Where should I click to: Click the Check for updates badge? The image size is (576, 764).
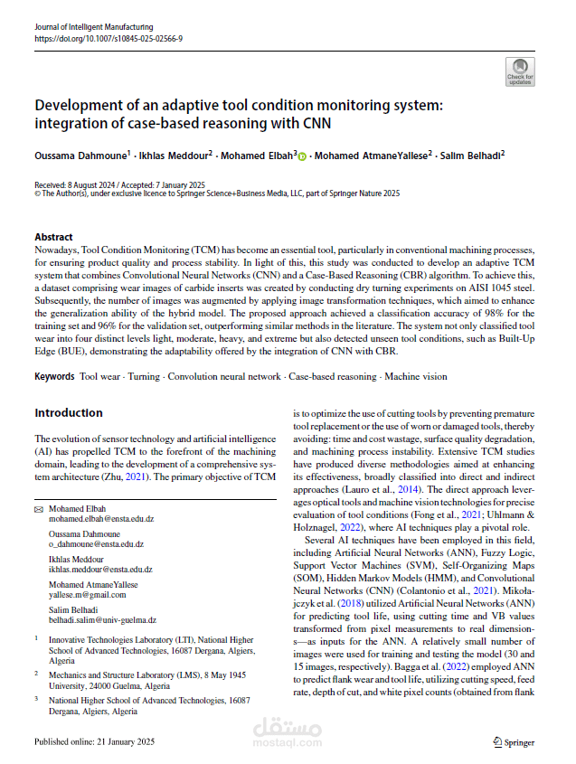point(521,71)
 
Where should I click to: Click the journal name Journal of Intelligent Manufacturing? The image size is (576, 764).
point(93,28)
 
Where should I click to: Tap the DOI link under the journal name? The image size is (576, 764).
point(108,39)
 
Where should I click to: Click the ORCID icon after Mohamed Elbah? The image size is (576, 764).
point(302,156)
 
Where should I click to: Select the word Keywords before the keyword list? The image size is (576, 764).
point(54,375)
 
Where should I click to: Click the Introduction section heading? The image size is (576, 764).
point(69,412)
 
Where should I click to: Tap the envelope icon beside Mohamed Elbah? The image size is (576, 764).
point(38,509)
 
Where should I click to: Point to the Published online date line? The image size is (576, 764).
point(94,741)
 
